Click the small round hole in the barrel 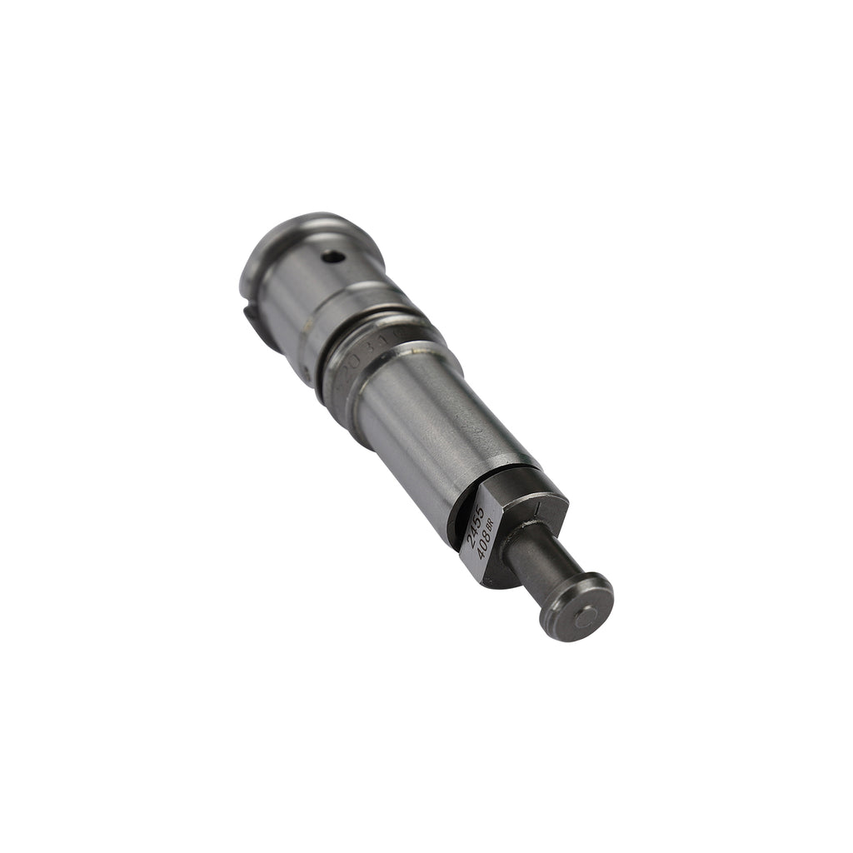click(x=333, y=257)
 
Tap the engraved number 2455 click(x=476, y=526)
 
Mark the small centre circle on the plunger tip click(x=586, y=617)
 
